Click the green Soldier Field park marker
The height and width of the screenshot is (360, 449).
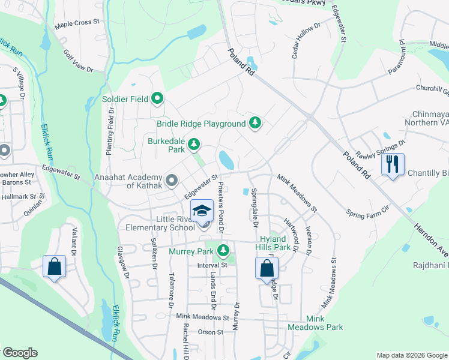[x=158, y=98]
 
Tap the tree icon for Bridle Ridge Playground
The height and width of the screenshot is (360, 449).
[x=256, y=123]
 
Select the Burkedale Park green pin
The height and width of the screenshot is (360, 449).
[x=193, y=144]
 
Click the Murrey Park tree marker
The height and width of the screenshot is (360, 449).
[x=224, y=250]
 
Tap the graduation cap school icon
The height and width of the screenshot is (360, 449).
[x=202, y=211]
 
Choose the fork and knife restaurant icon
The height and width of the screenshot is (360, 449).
[x=393, y=164]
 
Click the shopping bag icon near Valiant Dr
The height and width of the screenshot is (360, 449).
[x=54, y=266]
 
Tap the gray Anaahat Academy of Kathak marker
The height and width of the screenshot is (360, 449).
[x=172, y=180]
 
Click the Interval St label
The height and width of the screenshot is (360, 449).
[x=212, y=265]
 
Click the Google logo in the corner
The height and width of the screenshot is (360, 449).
[x=20, y=353]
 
